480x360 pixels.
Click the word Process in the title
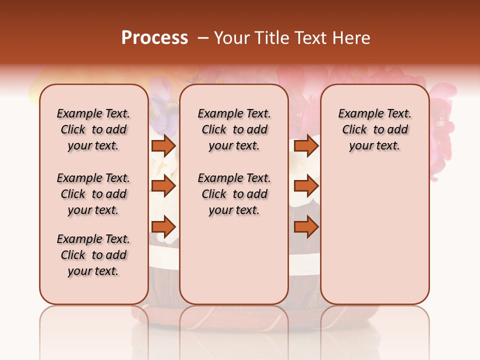[154, 38]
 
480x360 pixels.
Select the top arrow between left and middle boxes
[163, 145]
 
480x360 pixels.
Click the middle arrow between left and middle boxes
[163, 186]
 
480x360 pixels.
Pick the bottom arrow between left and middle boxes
[163, 227]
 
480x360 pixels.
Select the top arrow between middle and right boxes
[306, 145]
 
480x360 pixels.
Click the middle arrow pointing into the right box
[306, 186]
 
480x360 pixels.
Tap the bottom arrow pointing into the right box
[306, 227]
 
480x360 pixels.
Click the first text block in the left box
[93, 129]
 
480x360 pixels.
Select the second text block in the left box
[93, 194]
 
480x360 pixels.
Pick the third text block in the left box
[93, 255]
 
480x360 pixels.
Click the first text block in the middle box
[234, 129]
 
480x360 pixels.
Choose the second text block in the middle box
[234, 194]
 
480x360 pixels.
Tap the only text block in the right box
[374, 129]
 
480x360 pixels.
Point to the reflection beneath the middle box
[234, 320]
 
